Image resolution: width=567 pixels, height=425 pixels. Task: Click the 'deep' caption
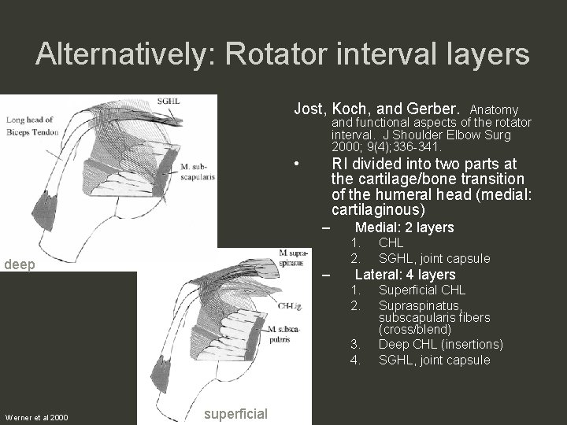pyautogui.click(x=20, y=265)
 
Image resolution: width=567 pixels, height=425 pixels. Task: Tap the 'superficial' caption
pyautogui.click(x=235, y=414)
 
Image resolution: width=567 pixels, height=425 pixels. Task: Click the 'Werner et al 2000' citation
pyautogui.click(x=35, y=416)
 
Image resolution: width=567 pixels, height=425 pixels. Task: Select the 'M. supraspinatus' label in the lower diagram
pyautogui.click(x=295, y=257)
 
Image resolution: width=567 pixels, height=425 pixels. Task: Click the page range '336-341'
pyautogui.click(x=417, y=146)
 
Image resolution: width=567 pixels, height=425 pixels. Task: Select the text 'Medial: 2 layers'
pyautogui.click(x=404, y=227)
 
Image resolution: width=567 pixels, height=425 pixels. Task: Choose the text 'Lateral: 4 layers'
pyautogui.click(x=405, y=275)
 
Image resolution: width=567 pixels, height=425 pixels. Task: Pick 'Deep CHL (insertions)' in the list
pyautogui.click(x=440, y=345)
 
